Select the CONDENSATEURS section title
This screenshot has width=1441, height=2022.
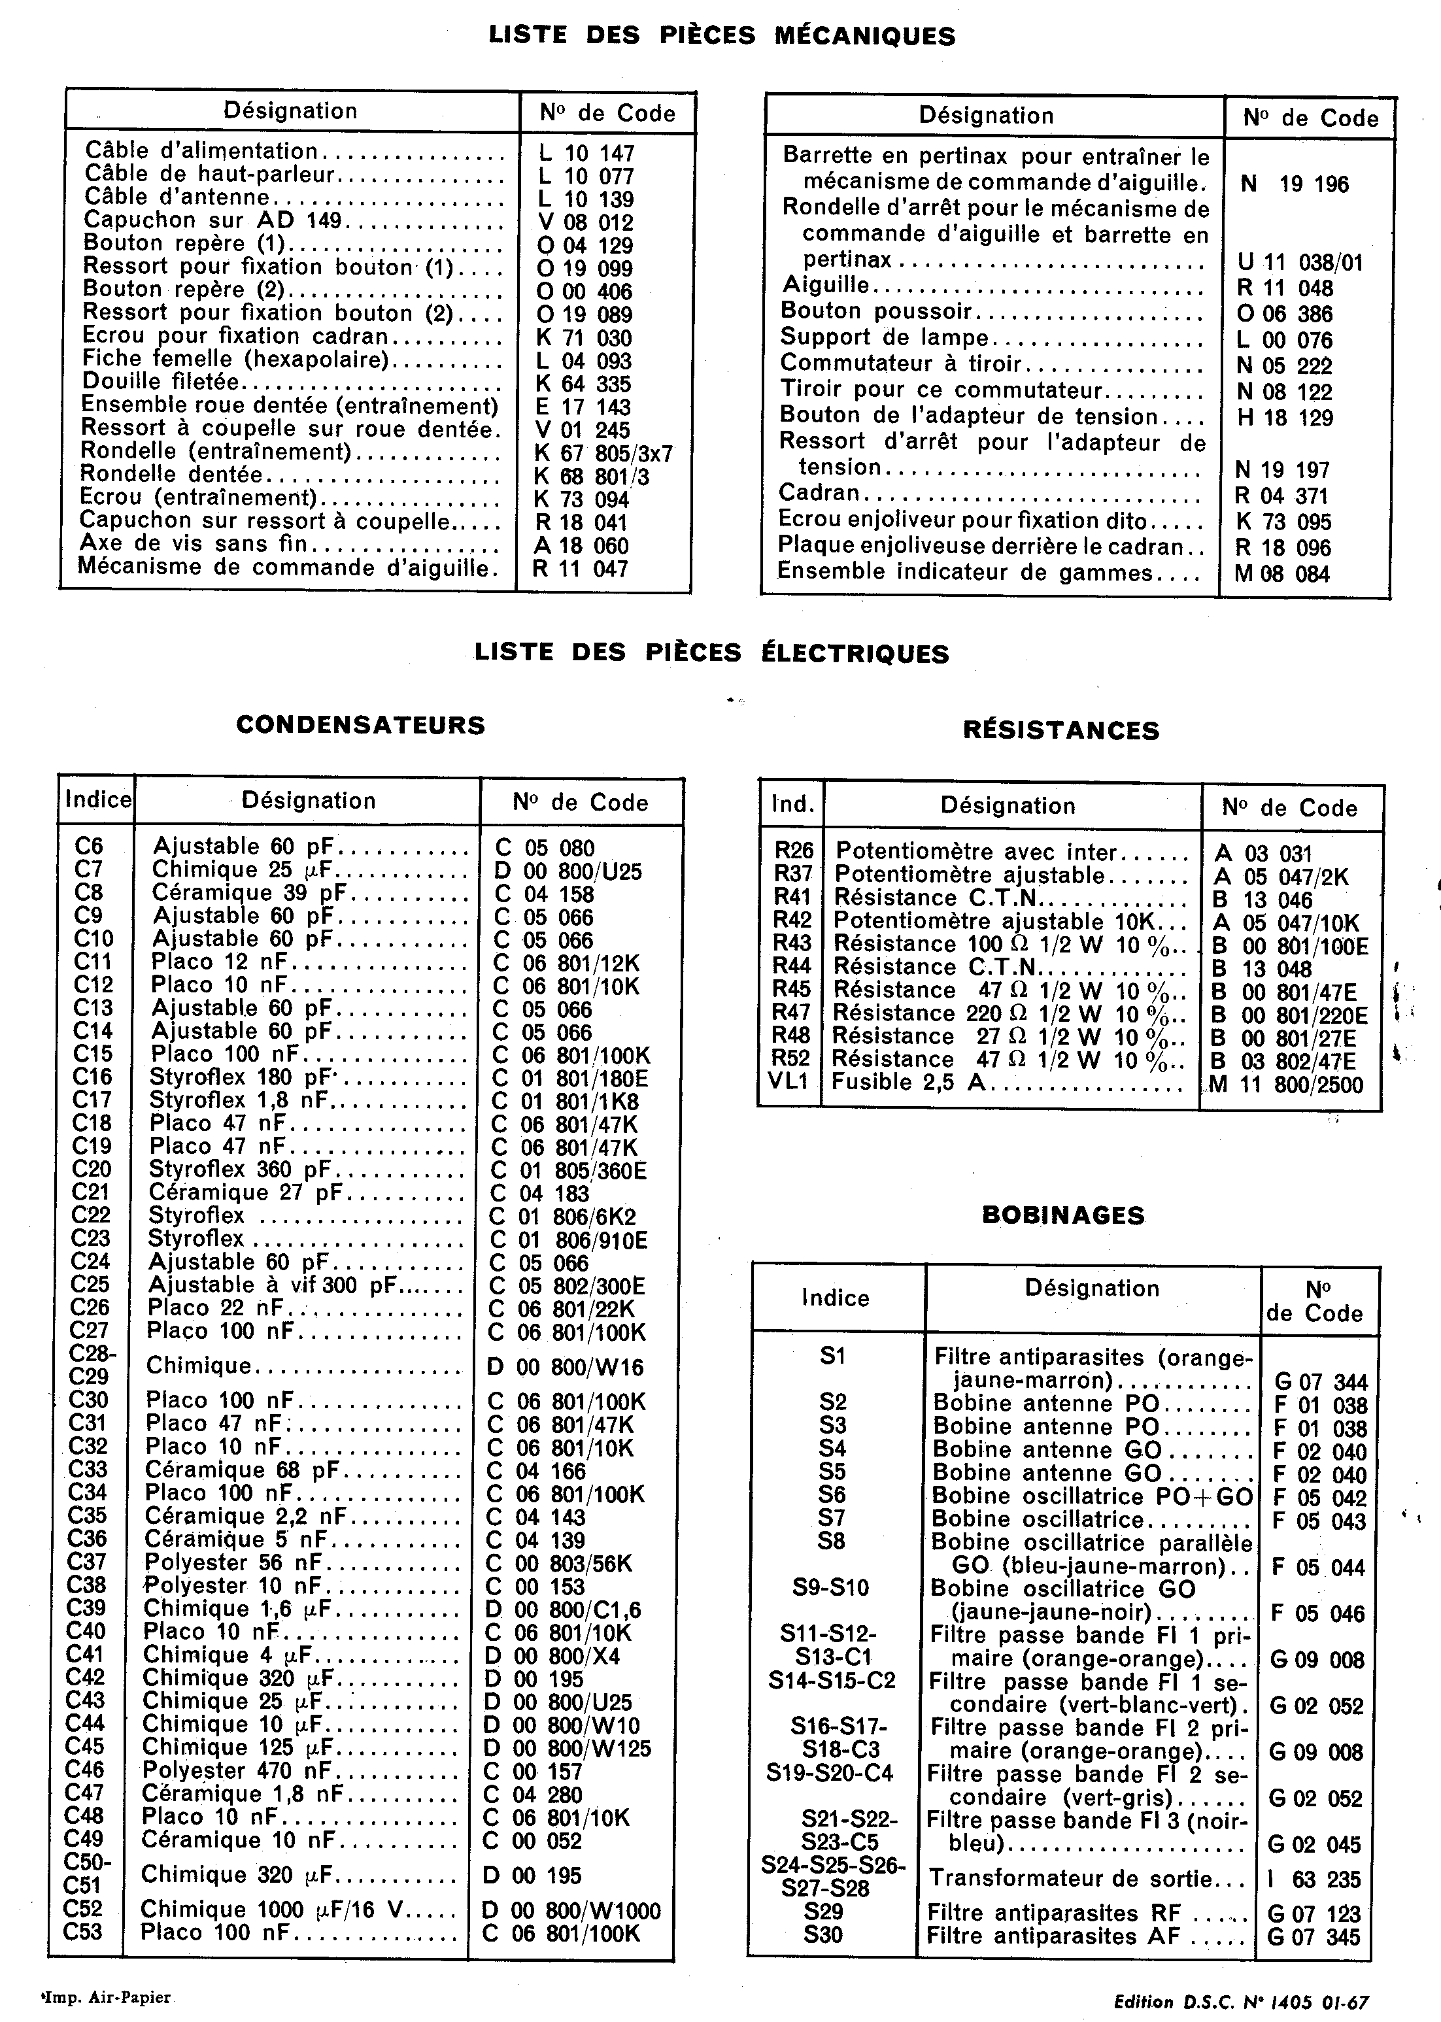point(360,725)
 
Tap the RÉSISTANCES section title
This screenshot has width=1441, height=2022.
point(1061,730)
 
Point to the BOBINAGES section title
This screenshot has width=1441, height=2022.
point(1063,1215)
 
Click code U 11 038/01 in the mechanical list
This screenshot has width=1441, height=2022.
point(1300,263)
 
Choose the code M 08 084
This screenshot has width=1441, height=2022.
point(1282,574)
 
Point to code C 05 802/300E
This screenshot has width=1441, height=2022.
point(568,1286)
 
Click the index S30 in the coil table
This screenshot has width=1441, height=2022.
point(822,1935)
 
